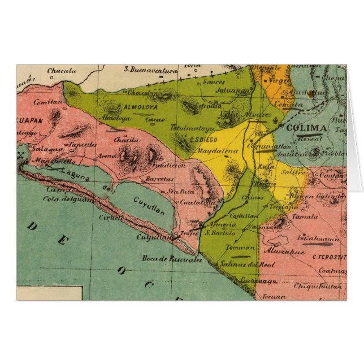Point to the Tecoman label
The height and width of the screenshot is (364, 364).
[x=240, y=248]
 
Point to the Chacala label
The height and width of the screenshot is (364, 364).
[x=62, y=71]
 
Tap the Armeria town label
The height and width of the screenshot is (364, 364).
[x=218, y=224]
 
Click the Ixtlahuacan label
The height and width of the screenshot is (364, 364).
[x=318, y=239]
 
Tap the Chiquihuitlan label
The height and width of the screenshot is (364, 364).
[x=319, y=286]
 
